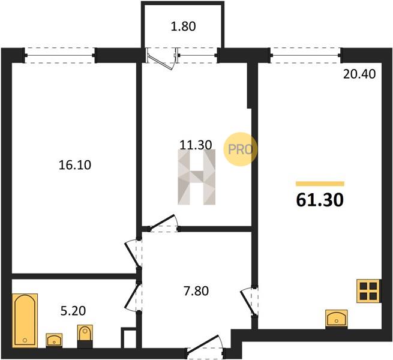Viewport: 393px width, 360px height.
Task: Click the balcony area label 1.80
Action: [183, 26]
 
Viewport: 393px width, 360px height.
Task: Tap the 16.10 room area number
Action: [74, 165]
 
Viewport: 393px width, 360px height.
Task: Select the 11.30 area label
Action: [196, 145]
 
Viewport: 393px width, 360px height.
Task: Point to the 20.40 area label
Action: [359, 74]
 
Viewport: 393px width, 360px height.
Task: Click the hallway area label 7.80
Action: [196, 292]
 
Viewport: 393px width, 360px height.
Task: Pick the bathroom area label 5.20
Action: [73, 311]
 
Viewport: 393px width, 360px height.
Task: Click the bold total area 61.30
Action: [320, 200]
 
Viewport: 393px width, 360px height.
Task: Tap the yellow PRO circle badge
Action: [241, 149]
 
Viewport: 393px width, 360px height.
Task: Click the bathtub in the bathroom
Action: [25, 320]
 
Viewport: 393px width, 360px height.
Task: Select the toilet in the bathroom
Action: [85, 336]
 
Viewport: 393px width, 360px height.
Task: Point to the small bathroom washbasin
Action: [54, 340]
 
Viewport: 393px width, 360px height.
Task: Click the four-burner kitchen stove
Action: [368, 291]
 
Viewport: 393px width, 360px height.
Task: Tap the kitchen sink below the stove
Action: [337, 319]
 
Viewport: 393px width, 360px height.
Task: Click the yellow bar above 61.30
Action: [320, 184]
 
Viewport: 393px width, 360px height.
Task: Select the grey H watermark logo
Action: [197, 177]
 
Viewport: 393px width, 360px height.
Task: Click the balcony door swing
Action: [161, 60]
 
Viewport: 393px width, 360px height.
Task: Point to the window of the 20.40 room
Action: [305, 55]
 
